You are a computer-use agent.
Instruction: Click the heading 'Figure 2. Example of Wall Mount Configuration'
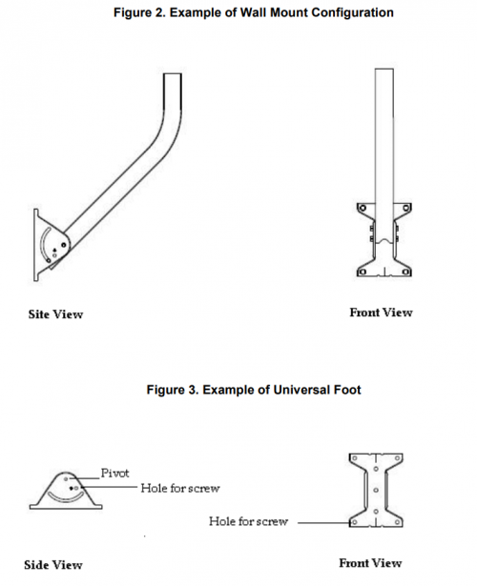[x=253, y=12]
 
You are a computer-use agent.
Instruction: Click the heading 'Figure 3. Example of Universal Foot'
[x=254, y=390]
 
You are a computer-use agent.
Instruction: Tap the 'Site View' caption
[x=55, y=314]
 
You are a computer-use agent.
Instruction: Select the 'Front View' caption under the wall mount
[x=381, y=313]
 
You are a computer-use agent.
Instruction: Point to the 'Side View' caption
[x=53, y=565]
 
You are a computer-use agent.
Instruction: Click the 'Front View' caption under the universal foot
[x=370, y=563]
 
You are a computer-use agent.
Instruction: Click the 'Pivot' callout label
[x=114, y=474]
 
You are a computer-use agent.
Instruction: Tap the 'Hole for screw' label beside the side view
[x=180, y=488]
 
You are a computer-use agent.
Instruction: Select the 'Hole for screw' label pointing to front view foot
[x=248, y=521]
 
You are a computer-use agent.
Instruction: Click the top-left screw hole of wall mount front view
[x=363, y=208]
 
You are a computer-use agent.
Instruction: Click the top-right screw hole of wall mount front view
[x=406, y=208]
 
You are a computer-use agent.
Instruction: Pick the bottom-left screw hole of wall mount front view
[x=363, y=272]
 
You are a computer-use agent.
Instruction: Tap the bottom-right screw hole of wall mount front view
[x=406, y=272]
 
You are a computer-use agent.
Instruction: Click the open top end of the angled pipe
[x=173, y=74]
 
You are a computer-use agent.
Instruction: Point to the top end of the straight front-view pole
[x=384, y=70]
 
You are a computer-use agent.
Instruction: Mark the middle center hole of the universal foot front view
[x=376, y=490]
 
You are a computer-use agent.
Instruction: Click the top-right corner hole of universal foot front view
[x=397, y=458]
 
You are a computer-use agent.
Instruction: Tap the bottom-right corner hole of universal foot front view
[x=397, y=522]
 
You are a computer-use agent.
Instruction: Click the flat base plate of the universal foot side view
[x=66, y=507]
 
